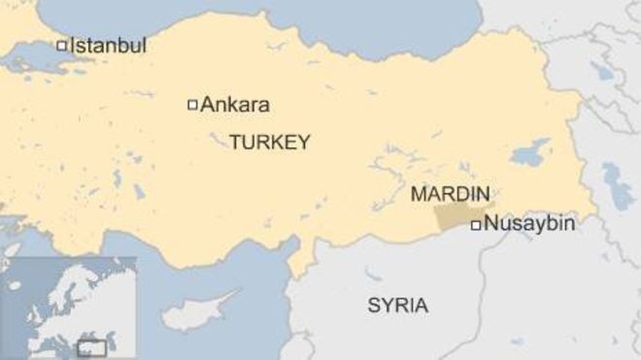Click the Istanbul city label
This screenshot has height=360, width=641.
click(108, 45)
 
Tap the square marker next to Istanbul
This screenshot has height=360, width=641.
click(61, 46)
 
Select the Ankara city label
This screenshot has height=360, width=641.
click(234, 105)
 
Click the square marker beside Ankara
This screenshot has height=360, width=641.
click(193, 104)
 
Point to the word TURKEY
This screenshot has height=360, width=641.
click(270, 142)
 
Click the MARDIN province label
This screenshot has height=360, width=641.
click(450, 195)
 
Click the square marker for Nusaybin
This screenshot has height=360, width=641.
click(475, 224)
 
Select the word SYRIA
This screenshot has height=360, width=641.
click(397, 307)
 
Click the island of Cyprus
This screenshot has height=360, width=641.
click(197, 312)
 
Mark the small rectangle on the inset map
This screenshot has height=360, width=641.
click(91, 348)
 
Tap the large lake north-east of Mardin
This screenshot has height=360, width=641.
click(529, 153)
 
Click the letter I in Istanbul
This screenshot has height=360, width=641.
click(72, 45)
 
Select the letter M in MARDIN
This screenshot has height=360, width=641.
click(417, 195)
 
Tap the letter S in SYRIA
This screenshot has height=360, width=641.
click(373, 307)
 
